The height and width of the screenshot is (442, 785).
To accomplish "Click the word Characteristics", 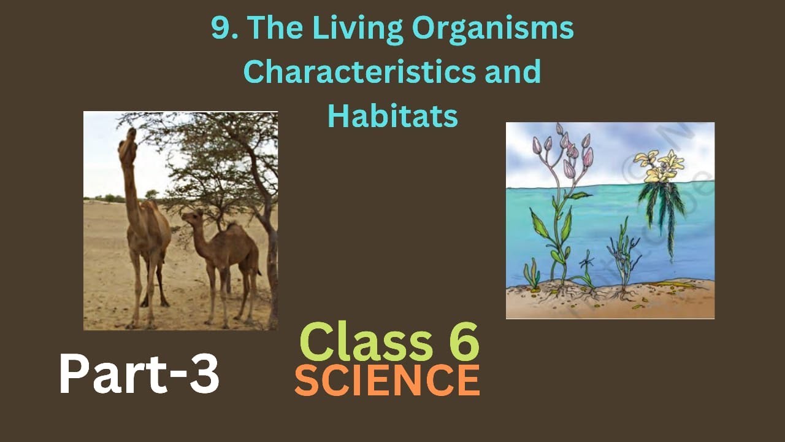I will click(351, 72).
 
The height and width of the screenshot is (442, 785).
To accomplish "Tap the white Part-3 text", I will click(139, 375).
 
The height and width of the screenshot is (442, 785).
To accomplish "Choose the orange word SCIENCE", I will click(387, 381).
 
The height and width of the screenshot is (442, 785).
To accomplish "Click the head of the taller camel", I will click(128, 144).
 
